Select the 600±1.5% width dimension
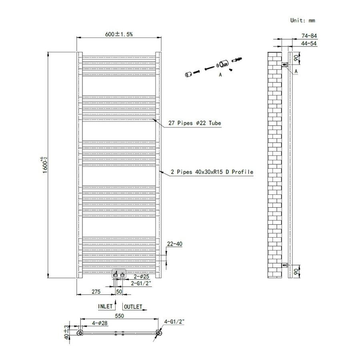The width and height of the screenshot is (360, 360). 118,34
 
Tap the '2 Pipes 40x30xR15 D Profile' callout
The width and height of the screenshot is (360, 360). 212,172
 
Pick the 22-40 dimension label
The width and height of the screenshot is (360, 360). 174,244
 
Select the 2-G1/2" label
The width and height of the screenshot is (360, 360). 141,283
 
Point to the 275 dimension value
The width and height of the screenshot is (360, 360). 96,292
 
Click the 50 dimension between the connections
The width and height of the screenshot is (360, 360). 119,292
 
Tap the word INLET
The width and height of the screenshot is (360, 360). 105,307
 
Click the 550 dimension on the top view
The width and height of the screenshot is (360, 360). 119,316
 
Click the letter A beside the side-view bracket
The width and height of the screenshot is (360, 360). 296,71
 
